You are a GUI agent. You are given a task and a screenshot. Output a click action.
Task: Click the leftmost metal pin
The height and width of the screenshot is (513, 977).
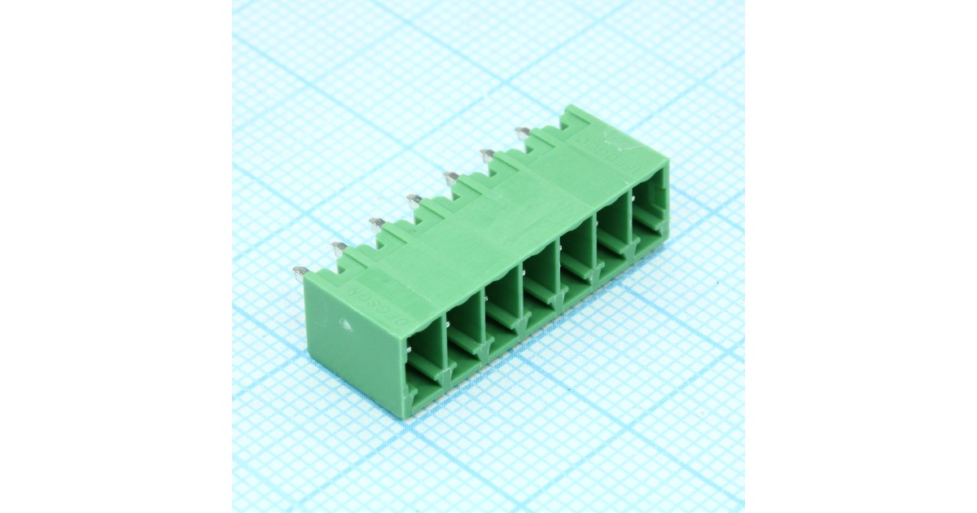point(300,273)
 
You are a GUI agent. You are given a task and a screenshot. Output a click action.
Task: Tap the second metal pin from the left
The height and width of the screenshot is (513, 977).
point(339,246)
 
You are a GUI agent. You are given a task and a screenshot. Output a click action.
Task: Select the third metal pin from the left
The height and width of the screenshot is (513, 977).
point(376,221)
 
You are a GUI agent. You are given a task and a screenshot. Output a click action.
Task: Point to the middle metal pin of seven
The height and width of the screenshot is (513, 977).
point(414,199)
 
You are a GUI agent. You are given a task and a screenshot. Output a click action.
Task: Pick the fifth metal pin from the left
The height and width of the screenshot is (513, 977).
point(450,175)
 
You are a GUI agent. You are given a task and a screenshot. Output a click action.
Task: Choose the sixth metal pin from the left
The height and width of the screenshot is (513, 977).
point(487,153)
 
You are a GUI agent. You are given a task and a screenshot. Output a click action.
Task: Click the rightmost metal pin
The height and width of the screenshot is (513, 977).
point(522,131)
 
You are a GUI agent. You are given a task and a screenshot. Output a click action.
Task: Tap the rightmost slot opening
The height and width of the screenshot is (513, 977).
point(648,208)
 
